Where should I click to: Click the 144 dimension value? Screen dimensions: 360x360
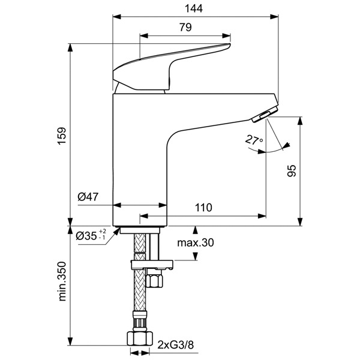coord(194,8)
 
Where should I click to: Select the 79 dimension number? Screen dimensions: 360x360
coord(185,28)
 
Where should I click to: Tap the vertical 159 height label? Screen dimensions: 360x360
coord(62,136)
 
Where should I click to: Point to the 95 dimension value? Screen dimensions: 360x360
coord(292,170)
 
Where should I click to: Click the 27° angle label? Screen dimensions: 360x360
coord(254,140)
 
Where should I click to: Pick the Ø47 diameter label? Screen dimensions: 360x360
coord(88,197)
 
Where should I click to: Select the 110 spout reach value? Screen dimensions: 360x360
coord(203,208)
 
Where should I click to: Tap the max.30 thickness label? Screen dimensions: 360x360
coord(196,242)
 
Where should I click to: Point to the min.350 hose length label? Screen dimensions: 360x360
coord(62,281)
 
